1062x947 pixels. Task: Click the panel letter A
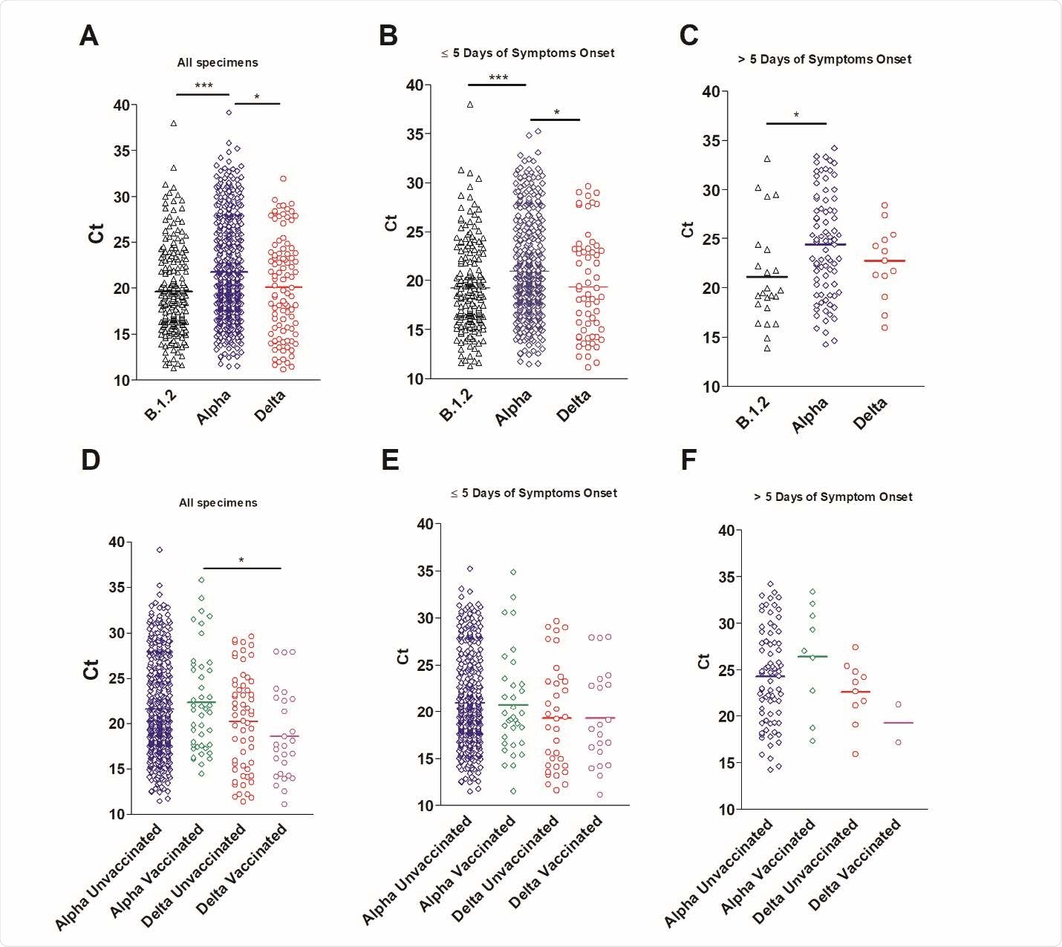click(88, 35)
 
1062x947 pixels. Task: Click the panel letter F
click(688, 460)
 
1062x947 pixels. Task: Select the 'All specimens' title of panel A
click(218, 63)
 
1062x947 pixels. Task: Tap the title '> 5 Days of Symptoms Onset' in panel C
click(824, 59)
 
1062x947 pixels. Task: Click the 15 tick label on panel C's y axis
click(711, 338)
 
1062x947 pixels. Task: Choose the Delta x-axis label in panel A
click(270, 406)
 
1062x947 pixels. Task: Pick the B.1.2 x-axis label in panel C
click(753, 413)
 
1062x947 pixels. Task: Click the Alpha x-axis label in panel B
click(514, 407)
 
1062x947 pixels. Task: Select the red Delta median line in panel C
click(884, 261)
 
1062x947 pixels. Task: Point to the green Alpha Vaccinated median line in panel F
click(812, 657)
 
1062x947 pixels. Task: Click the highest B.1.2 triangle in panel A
click(174, 123)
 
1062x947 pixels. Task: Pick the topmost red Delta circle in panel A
click(283, 179)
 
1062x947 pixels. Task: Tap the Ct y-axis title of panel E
click(403, 656)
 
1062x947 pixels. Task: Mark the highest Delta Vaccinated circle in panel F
click(898, 704)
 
